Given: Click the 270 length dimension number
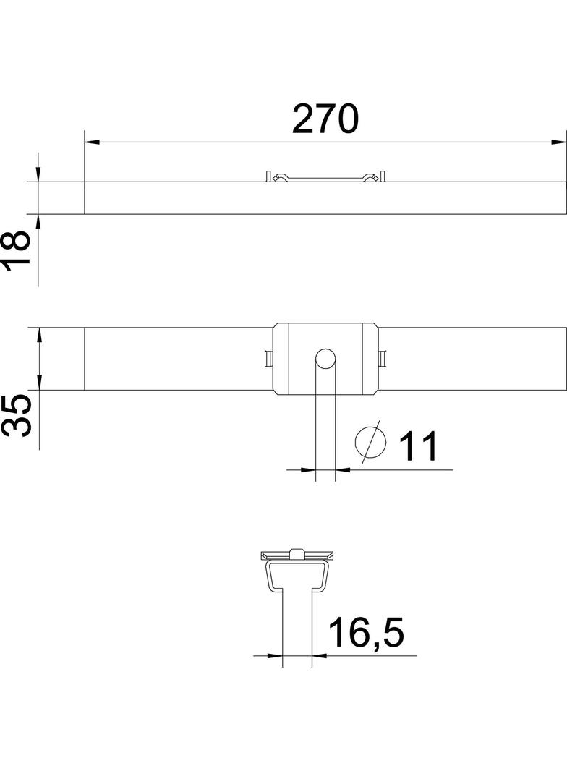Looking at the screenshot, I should [x=325, y=119].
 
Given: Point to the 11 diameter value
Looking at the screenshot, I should [x=419, y=446].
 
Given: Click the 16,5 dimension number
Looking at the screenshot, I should [x=365, y=633].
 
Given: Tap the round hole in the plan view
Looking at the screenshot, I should [x=325, y=358].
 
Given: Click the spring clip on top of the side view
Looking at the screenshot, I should [x=325, y=177].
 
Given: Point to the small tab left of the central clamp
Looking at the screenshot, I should [x=269, y=359].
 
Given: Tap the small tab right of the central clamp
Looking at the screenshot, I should [x=383, y=359].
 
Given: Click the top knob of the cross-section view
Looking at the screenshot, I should [x=297, y=553].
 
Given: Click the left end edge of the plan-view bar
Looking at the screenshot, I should [x=85, y=359].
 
